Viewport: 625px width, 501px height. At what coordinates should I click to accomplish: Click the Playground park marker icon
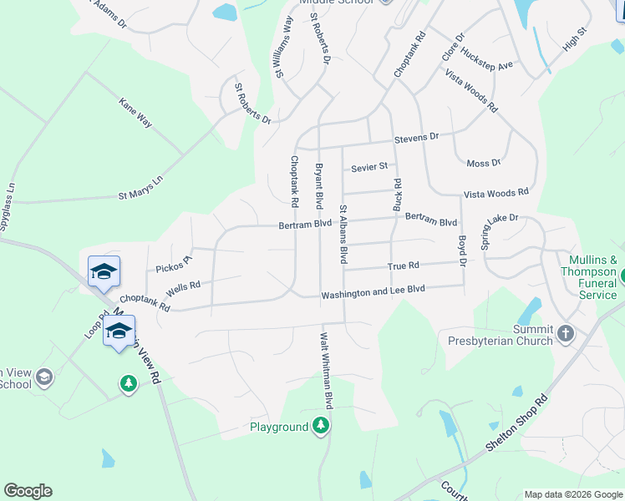(x=321, y=426)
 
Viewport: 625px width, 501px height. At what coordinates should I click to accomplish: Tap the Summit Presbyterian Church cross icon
(x=566, y=334)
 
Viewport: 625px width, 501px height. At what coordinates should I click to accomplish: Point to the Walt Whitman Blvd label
(x=328, y=371)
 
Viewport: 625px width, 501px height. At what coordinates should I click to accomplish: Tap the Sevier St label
(x=369, y=167)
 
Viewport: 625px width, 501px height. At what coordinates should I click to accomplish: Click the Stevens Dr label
(x=416, y=137)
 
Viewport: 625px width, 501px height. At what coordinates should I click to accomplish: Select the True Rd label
(x=403, y=266)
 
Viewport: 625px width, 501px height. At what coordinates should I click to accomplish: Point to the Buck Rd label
(x=398, y=194)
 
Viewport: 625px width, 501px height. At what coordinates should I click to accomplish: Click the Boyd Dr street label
(x=462, y=250)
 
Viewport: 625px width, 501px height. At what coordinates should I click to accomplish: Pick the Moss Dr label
(x=484, y=163)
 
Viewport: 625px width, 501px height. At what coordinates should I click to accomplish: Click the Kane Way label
(x=135, y=113)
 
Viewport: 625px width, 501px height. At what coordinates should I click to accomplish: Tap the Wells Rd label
(x=183, y=288)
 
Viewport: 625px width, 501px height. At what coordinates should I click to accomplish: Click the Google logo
(x=28, y=491)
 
